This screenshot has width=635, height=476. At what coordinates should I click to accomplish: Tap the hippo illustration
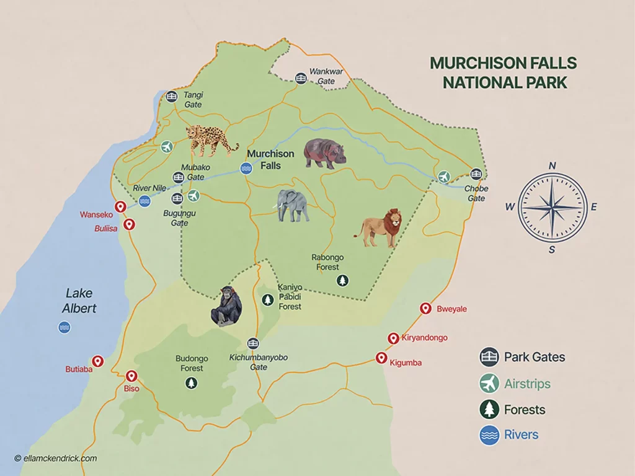pyautogui.click(x=324, y=152)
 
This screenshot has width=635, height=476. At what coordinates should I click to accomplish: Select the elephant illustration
pyautogui.click(x=293, y=205)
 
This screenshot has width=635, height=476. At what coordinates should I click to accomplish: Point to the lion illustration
pyautogui.click(x=380, y=228)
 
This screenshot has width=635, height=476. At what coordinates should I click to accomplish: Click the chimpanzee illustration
pyautogui.click(x=226, y=306)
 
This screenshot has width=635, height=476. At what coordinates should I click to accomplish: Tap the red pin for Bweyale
pyautogui.click(x=425, y=308)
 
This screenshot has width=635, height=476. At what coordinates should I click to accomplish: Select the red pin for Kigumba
pyautogui.click(x=381, y=358)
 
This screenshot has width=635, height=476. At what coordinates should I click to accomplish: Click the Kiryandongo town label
pyautogui.click(x=424, y=338)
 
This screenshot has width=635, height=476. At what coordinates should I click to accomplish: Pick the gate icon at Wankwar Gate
pyautogui.click(x=301, y=78)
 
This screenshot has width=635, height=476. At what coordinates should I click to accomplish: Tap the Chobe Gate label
pyautogui.click(x=476, y=193)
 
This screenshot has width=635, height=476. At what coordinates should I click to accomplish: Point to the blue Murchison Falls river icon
pyautogui.click(x=246, y=168)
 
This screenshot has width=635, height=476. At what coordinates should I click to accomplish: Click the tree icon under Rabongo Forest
pyautogui.click(x=342, y=281)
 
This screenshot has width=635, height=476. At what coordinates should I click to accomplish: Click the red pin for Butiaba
pyautogui.click(x=97, y=361)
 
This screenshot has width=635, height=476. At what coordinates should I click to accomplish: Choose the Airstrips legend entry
pyautogui.click(x=526, y=384)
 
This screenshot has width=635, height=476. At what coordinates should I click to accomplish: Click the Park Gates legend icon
pyautogui.click(x=489, y=357)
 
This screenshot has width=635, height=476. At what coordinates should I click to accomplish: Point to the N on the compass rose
pyautogui.click(x=552, y=165)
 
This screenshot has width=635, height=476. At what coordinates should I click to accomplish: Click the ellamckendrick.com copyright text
pyautogui.click(x=55, y=458)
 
